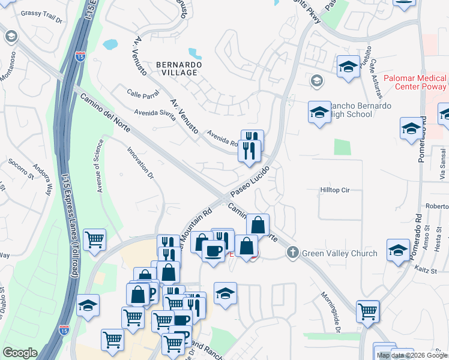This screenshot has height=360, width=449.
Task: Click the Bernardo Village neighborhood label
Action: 176,68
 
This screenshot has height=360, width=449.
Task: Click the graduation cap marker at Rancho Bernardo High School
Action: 319,112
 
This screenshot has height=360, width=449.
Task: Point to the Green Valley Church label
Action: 339,253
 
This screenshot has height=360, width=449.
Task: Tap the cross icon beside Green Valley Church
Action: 292,253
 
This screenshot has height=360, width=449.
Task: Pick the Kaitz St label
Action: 426,271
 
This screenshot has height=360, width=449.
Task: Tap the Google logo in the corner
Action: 20,353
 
